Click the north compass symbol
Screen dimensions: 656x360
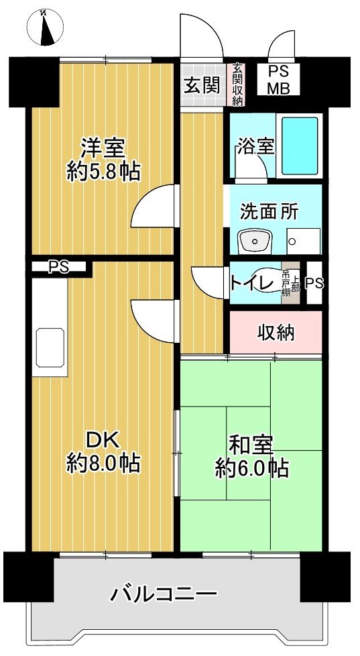(x=46, y=29)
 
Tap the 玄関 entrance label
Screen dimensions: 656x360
(x=201, y=85)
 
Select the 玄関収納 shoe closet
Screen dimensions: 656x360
(x=237, y=85)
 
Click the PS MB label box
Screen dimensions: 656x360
(x=280, y=80)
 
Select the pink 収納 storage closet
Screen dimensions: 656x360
(x=276, y=331)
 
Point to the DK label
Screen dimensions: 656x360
(x=103, y=440)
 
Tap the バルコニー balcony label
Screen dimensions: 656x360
(x=164, y=594)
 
